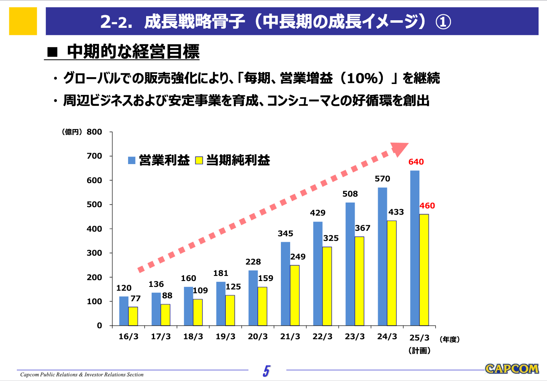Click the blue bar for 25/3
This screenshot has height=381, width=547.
[x=414, y=248]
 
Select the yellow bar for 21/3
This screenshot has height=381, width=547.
[x=294, y=295]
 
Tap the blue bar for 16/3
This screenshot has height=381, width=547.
[x=123, y=311]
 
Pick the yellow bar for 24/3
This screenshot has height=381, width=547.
[x=392, y=273]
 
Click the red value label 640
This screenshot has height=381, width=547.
[x=416, y=162]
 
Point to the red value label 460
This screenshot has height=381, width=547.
[x=427, y=206]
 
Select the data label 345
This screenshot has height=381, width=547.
[x=286, y=233]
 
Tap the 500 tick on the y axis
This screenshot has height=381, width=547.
[x=94, y=205]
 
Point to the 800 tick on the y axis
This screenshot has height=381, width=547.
[x=94, y=132]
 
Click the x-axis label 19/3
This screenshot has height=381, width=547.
[x=225, y=337]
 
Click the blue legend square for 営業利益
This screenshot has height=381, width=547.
[x=132, y=160]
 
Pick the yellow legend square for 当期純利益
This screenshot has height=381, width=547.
[x=199, y=160]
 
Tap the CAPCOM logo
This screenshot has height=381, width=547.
[x=511, y=368]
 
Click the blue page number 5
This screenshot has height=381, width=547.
[x=266, y=371]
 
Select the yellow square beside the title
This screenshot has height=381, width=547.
[x=22, y=21]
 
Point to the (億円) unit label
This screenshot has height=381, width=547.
[x=72, y=132]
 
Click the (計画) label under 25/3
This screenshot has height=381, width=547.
[x=419, y=350]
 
